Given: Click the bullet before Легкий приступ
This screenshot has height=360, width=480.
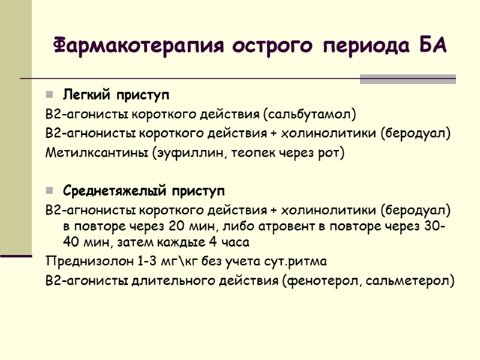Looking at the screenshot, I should click(49, 95).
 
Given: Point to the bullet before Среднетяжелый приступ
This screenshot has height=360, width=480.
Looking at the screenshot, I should click(49, 192).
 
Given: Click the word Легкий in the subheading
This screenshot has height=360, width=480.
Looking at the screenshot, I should click(82, 95).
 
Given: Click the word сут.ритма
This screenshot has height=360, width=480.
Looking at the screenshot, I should click(295, 262).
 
